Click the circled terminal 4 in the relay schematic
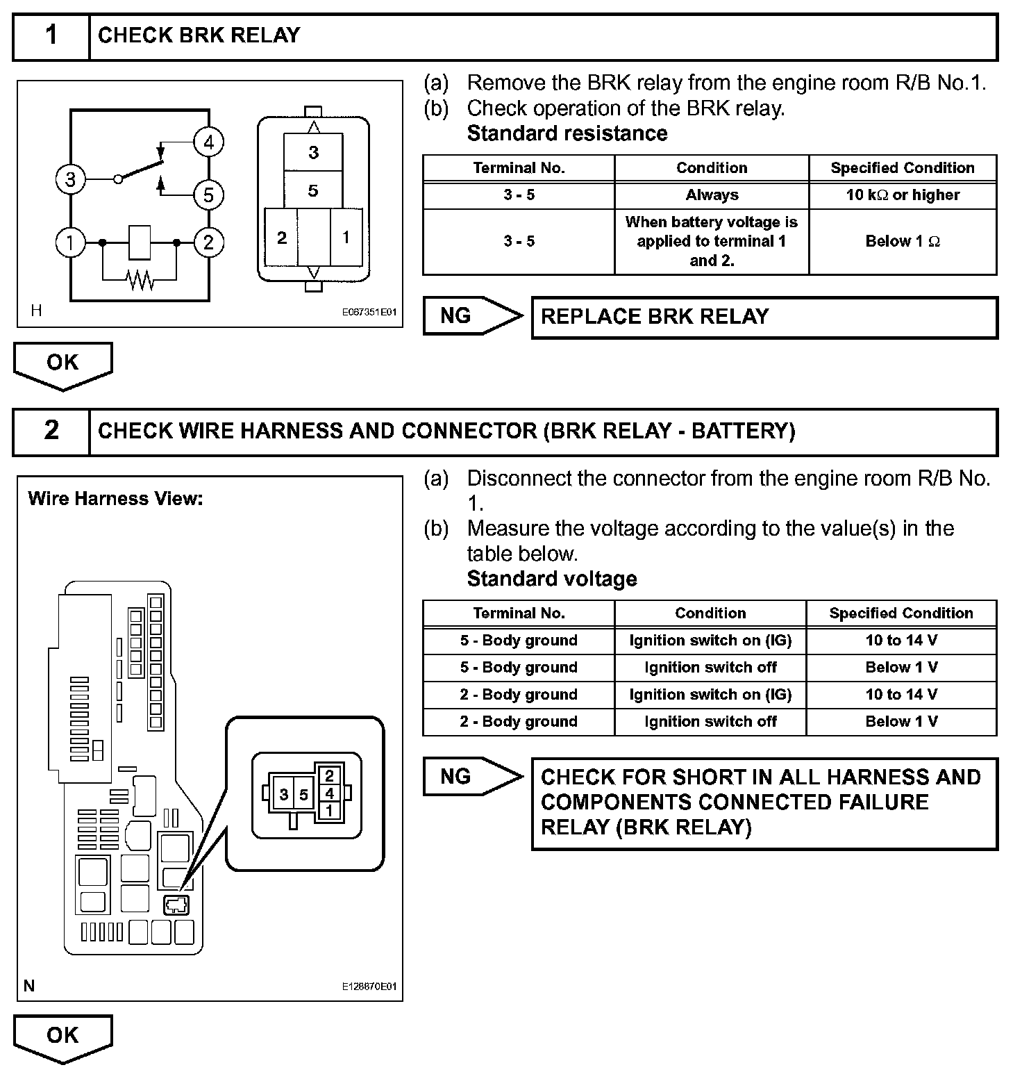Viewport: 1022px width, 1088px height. coord(208,142)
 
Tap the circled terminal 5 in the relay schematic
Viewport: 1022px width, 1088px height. coord(208,195)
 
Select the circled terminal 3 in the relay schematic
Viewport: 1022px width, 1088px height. coord(70,179)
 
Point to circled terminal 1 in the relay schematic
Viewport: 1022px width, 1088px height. coord(70,242)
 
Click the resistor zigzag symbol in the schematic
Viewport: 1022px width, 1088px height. coord(140,280)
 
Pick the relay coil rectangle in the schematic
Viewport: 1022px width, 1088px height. coord(140,242)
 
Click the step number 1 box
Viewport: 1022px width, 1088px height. coord(51,35)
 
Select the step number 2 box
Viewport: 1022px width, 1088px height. coord(51,431)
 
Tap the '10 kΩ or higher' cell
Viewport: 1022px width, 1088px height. coord(903,195)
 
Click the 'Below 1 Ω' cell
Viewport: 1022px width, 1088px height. coord(903,242)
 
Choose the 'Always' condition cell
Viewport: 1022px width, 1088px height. coord(712,195)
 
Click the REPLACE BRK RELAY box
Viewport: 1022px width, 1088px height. coord(764,318)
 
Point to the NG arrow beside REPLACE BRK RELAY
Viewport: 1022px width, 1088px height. coord(472,316)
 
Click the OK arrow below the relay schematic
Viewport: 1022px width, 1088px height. coord(62,364)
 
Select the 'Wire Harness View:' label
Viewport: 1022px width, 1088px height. coord(115,499)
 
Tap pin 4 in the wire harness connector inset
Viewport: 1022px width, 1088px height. coord(329,793)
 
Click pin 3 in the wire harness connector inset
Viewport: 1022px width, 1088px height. coord(284,794)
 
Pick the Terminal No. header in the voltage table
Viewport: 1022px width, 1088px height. coord(519,613)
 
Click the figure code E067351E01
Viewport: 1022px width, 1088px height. coord(369,313)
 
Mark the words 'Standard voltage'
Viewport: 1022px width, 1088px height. coord(552,579)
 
